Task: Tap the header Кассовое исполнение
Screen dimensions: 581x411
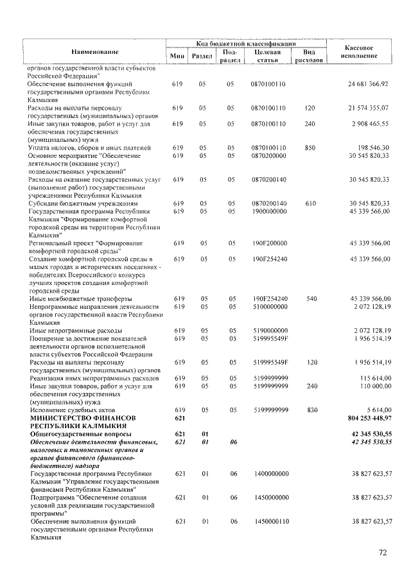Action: [359, 52]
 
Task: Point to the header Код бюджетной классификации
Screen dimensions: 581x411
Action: [246, 43]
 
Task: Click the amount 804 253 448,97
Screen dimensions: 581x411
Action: [360, 417]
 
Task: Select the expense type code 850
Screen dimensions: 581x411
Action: [310, 147]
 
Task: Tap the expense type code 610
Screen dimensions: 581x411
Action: [310, 203]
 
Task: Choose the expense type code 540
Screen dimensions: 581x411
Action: [310, 299]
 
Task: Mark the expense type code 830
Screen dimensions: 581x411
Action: [310, 410]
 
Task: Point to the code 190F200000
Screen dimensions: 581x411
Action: [269, 243]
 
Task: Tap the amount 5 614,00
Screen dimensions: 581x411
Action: [377, 410]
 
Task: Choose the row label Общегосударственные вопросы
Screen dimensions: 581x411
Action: [81, 434]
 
